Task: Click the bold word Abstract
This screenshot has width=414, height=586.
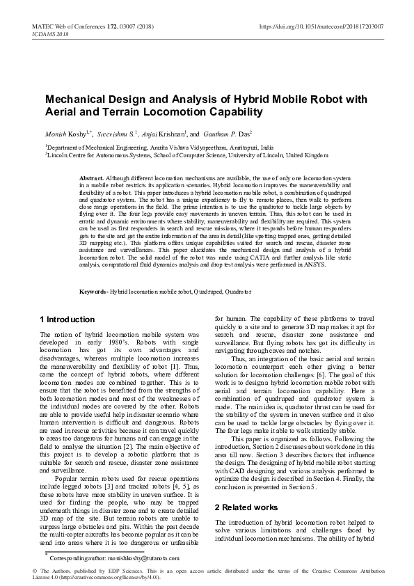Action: (x=92, y=179)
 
